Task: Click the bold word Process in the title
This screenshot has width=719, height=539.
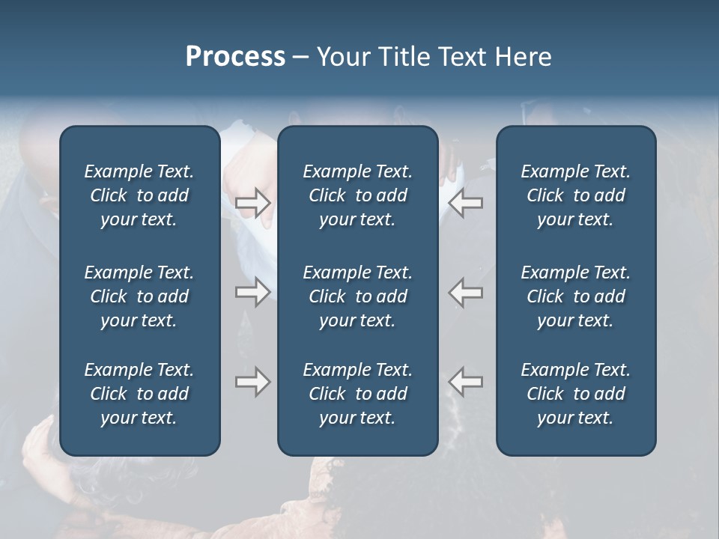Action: [235, 57]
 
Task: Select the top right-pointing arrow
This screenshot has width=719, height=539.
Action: [253, 203]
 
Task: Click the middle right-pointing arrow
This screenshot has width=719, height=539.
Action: [253, 292]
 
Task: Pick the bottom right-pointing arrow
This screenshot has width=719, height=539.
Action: [253, 382]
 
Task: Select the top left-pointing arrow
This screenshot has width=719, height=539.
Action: [466, 203]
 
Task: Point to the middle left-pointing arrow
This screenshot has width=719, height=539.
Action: [466, 292]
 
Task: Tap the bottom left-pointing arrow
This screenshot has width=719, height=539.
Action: [466, 382]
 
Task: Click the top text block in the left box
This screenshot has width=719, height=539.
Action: [139, 195]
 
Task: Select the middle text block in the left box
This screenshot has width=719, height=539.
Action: [139, 296]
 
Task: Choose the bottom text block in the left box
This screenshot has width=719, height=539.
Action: [139, 394]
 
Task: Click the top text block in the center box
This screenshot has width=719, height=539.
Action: [357, 195]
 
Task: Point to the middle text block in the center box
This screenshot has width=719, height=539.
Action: [357, 296]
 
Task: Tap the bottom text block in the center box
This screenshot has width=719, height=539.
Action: [357, 394]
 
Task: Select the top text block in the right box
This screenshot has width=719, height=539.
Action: [575, 195]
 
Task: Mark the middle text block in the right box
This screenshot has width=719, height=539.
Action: [575, 296]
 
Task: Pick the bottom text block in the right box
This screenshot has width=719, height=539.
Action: [575, 394]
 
